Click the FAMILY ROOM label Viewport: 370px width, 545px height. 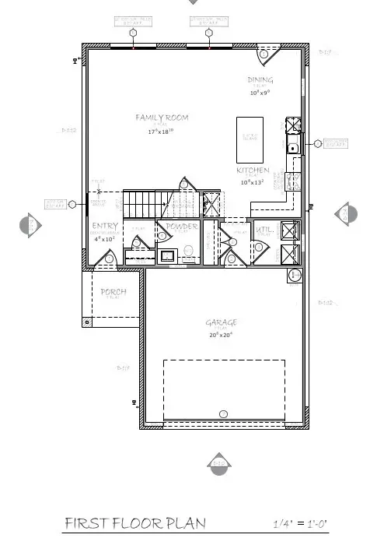pyautogui.click(x=162, y=118)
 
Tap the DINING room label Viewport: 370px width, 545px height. pyautogui.click(x=260, y=80)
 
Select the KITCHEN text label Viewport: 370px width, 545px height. pyautogui.click(x=253, y=171)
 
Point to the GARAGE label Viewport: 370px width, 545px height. pyautogui.click(x=221, y=322)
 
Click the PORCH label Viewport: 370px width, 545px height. pyautogui.click(x=113, y=292)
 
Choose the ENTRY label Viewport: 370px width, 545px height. pyautogui.click(x=105, y=227)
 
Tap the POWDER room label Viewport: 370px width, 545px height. pyautogui.click(x=180, y=227)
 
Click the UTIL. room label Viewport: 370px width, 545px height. pyautogui.click(x=264, y=230)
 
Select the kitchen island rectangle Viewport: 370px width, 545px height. pyautogui.click(x=250, y=139)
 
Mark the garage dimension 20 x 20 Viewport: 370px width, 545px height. pyautogui.click(x=221, y=335)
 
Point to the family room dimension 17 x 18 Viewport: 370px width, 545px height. pyautogui.click(x=162, y=132)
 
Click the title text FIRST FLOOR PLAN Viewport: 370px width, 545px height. pyautogui.click(x=135, y=522)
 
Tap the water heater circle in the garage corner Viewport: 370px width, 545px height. pyautogui.click(x=295, y=276)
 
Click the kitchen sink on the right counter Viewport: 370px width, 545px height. pyautogui.click(x=293, y=148)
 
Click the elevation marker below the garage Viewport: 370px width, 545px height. pyautogui.click(x=219, y=464)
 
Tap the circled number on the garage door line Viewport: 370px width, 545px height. pyautogui.click(x=224, y=413)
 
